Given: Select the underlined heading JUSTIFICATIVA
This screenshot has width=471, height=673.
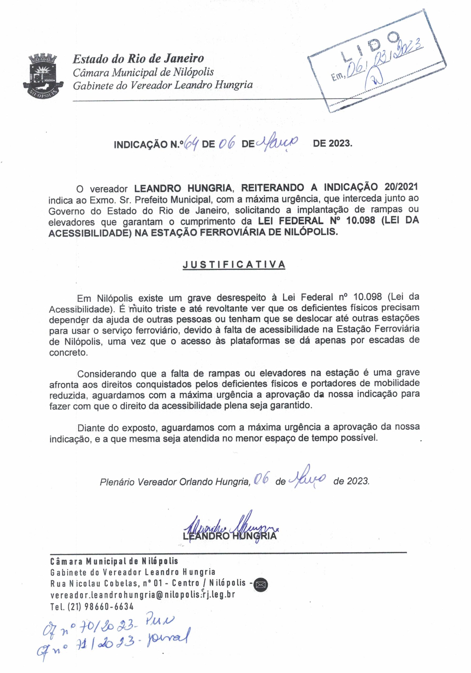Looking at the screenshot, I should [234, 264].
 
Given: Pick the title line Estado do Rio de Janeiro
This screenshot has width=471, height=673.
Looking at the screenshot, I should [138, 59].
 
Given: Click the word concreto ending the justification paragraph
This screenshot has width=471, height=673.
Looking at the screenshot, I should [68, 352].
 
